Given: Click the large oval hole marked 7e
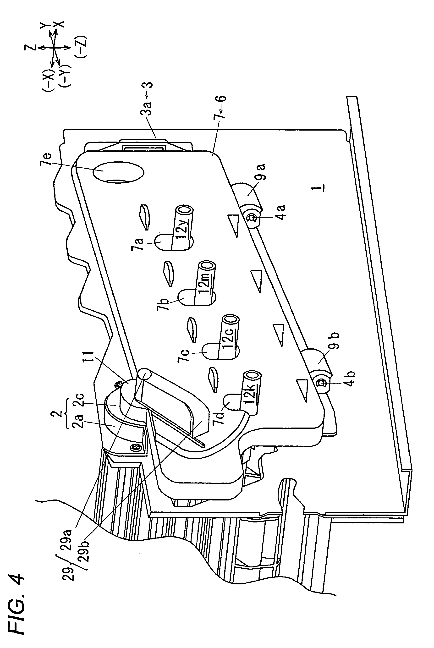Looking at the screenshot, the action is click(x=118, y=172).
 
